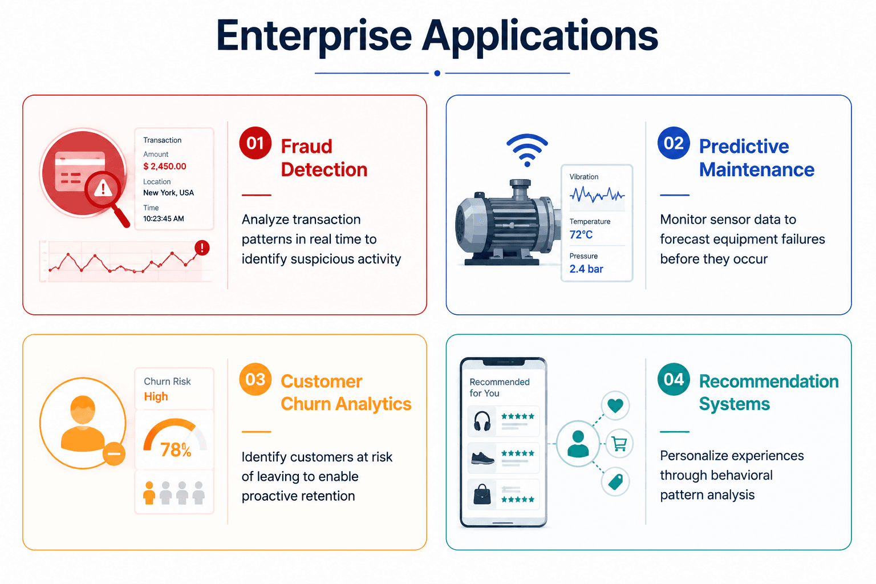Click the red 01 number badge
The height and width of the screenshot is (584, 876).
pyautogui.click(x=255, y=143)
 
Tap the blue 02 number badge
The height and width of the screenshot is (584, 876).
pyautogui.click(x=674, y=143)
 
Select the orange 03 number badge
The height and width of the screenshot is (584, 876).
pyautogui.click(x=255, y=379)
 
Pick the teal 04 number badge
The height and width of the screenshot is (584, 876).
pyautogui.click(x=674, y=379)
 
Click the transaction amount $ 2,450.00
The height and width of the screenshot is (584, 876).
pyautogui.click(x=165, y=166)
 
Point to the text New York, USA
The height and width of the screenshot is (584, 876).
pyautogui.click(x=168, y=192)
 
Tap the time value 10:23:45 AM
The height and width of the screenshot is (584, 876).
pyautogui.click(x=164, y=218)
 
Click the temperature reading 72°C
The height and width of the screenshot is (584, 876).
pyautogui.click(x=581, y=235)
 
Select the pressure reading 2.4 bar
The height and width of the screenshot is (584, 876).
pyautogui.click(x=586, y=269)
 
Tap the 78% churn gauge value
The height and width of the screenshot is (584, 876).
pyautogui.click(x=176, y=450)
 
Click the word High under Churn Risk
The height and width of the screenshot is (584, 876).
pyautogui.click(x=156, y=396)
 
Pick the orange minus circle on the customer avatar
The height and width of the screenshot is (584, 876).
pyautogui.click(x=114, y=454)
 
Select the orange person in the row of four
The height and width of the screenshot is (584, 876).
pyautogui.click(x=149, y=493)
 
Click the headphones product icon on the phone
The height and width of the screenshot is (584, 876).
pyautogui.click(x=482, y=421)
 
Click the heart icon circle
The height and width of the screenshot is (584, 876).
pyautogui.click(x=615, y=405)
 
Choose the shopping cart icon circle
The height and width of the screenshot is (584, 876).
pyautogui.click(x=619, y=444)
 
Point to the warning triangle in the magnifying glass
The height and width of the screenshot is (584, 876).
pyautogui.click(x=103, y=189)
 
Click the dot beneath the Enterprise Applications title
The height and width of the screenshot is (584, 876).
pyautogui.click(x=437, y=73)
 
